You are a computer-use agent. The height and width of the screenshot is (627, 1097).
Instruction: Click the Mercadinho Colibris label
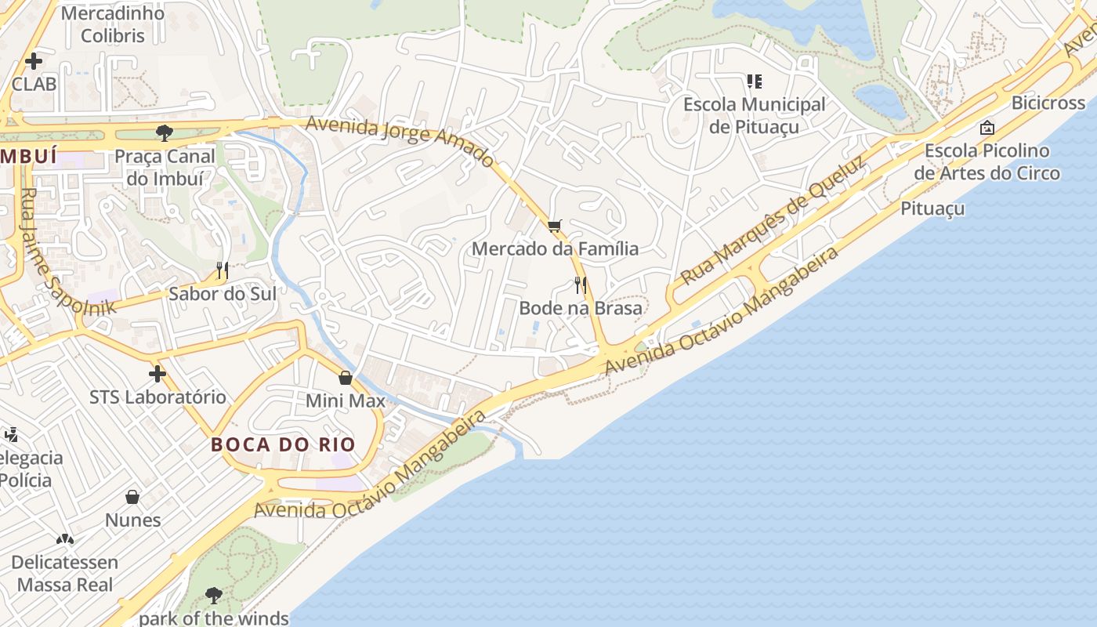point(113,24)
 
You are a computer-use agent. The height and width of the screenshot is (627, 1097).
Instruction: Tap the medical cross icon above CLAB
point(34,60)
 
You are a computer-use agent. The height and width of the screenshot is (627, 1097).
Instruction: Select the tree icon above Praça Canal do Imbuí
point(165,132)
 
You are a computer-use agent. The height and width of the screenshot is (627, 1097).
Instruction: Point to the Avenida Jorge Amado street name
point(400,140)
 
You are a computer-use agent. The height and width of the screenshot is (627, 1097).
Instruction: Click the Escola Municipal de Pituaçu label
point(755,115)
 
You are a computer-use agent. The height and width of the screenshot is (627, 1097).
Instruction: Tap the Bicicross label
point(1048,103)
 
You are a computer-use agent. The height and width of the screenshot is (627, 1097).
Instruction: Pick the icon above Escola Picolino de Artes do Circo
point(987,127)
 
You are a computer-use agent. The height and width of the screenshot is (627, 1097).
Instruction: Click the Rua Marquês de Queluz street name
point(773,219)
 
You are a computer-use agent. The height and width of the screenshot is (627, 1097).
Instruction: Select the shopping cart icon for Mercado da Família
point(555,227)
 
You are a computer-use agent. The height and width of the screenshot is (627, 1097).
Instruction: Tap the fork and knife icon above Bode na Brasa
point(581,285)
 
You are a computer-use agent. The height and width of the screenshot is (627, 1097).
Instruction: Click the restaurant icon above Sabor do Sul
point(223,270)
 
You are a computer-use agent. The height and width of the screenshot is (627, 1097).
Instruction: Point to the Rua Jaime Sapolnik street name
point(67,251)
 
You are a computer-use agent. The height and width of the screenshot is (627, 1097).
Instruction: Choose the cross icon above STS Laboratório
point(157,374)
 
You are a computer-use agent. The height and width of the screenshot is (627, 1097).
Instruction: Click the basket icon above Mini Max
point(346,378)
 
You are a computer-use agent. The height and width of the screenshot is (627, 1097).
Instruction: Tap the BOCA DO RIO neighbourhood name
point(283,444)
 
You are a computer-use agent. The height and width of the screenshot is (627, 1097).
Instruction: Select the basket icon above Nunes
point(133,497)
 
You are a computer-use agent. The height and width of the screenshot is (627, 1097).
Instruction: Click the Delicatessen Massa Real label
point(65,574)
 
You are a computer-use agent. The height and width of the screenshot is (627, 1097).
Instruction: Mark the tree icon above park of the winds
point(213,596)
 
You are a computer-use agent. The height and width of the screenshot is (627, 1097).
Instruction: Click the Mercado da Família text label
point(555,249)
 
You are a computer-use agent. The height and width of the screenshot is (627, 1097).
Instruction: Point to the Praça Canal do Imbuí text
point(165,167)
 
